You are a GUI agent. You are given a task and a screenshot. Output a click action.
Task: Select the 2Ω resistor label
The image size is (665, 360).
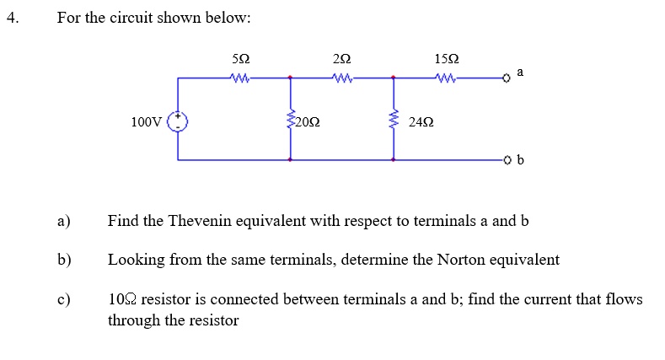(x=341, y=60)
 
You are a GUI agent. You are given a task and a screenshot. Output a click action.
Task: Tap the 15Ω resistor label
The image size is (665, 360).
(x=447, y=60)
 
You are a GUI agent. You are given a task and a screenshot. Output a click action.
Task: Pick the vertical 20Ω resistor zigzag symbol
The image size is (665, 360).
(x=291, y=121)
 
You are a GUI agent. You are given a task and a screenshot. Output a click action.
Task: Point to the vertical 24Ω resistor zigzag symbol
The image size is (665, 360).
(x=393, y=121)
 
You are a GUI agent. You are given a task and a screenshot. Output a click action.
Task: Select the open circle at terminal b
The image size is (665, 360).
(x=507, y=159)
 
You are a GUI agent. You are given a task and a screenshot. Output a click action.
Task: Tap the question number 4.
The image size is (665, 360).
(x=11, y=17)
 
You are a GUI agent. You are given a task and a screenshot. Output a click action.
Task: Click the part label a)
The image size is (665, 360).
(x=63, y=222)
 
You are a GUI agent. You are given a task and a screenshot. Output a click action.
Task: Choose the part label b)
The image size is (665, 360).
(x=64, y=260)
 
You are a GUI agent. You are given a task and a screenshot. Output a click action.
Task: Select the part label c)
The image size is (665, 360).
(x=63, y=299)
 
